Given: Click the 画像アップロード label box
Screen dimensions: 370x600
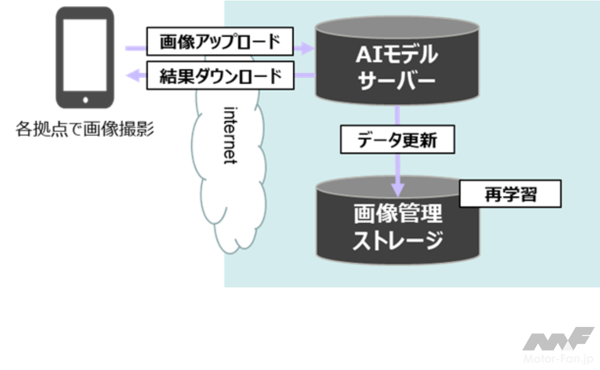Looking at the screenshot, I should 220,41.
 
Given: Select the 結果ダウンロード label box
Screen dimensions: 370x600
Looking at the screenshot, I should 220,76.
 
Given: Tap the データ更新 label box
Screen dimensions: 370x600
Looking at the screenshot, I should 397,141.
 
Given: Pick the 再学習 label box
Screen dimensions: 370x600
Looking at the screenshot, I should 510,194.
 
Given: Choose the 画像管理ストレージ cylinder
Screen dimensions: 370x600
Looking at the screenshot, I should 397,226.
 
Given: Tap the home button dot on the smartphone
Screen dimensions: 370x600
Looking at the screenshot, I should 85,100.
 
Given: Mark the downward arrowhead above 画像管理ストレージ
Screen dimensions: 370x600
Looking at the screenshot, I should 397,189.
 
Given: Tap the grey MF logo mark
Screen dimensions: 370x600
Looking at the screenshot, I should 558,339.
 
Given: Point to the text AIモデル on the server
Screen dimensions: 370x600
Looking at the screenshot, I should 397,55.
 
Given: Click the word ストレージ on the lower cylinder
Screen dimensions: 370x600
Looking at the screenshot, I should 397,240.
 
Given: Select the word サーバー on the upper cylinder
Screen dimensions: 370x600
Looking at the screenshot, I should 397,82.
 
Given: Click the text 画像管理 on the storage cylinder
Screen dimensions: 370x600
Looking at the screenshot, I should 397,214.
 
